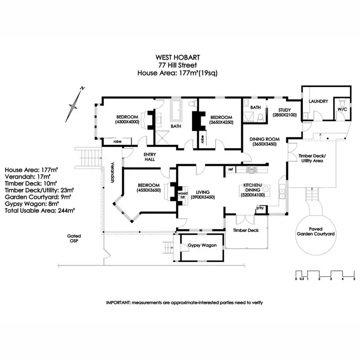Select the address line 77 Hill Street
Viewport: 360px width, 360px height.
(180, 65)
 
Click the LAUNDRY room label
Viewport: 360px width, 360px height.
(318, 101)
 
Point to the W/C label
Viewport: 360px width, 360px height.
(342, 109)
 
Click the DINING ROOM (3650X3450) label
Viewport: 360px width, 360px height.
(265, 142)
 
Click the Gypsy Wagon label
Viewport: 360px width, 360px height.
(202, 245)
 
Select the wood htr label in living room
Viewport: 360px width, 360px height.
(182, 196)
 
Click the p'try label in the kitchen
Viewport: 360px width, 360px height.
(261, 208)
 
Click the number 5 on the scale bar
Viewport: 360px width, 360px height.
(354, 278)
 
